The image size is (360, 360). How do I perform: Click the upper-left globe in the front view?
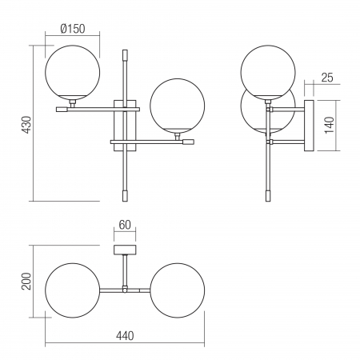[x=73, y=71]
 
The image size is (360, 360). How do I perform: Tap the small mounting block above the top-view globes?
[x=124, y=250]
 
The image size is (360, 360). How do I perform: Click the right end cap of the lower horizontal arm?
[x=188, y=142]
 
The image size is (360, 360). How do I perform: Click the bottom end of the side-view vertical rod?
[x=266, y=195]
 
